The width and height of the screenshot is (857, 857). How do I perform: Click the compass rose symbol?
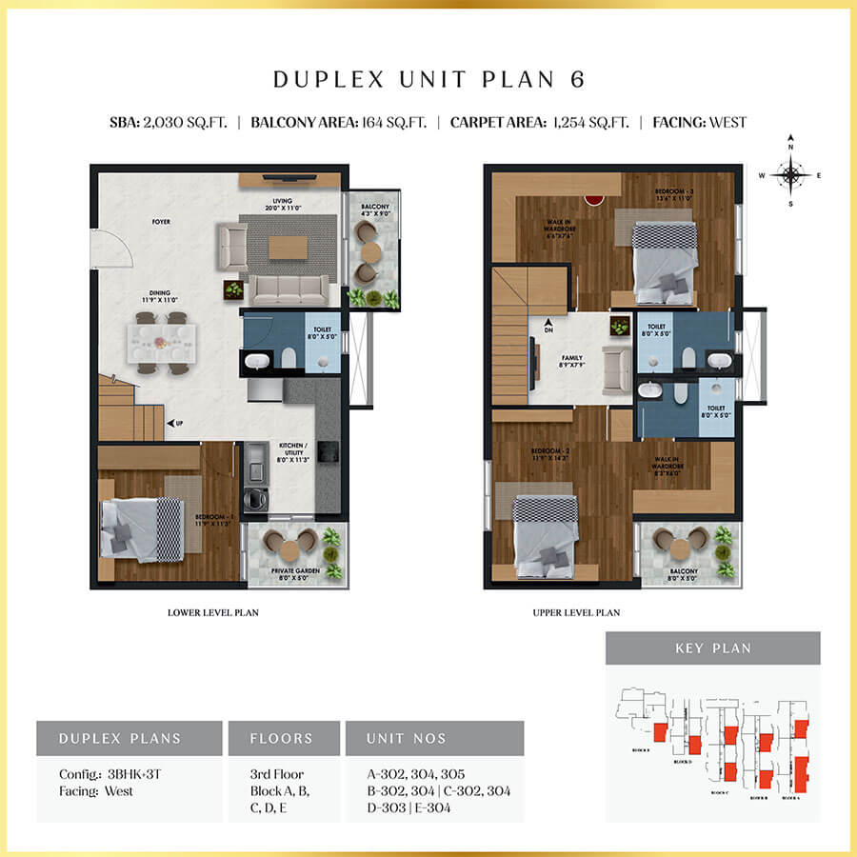pyautogui.click(x=789, y=174)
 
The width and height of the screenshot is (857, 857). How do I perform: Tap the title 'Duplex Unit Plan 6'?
pyautogui.click(x=428, y=79)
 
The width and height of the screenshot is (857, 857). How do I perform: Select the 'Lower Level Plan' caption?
pyautogui.click(x=212, y=613)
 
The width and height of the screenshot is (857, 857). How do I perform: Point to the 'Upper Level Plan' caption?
pyautogui.click(x=576, y=613)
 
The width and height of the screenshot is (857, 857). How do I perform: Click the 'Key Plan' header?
pyautogui.click(x=712, y=648)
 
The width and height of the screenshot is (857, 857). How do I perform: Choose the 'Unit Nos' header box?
pyautogui.click(x=434, y=738)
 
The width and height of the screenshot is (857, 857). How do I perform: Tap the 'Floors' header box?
pyautogui.click(x=281, y=738)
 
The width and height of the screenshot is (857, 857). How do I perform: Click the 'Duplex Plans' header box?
pyautogui.click(x=129, y=738)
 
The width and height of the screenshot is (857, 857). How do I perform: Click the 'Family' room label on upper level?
pyautogui.click(x=571, y=361)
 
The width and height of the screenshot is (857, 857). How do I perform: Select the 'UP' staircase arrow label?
pyautogui.click(x=175, y=423)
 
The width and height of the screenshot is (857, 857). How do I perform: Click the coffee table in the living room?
pyautogui.click(x=288, y=247)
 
